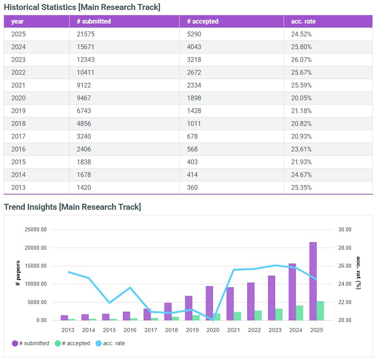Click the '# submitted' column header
click(x=94, y=22)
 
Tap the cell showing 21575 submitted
click(x=86, y=34)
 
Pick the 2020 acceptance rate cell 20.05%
click(x=301, y=98)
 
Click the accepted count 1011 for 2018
click(x=194, y=124)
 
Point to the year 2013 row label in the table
click(x=18, y=188)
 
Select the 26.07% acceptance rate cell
click(x=301, y=60)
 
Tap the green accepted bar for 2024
click(x=300, y=313)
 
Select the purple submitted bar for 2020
click(x=209, y=303)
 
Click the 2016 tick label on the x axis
click(x=130, y=330)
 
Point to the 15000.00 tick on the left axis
click(x=35, y=266)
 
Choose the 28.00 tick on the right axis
click(x=344, y=248)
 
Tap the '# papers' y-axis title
click(x=18, y=273)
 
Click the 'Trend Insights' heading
click(x=72, y=207)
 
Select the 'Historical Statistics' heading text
click(x=82, y=7)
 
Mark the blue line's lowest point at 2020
click(x=213, y=320)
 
